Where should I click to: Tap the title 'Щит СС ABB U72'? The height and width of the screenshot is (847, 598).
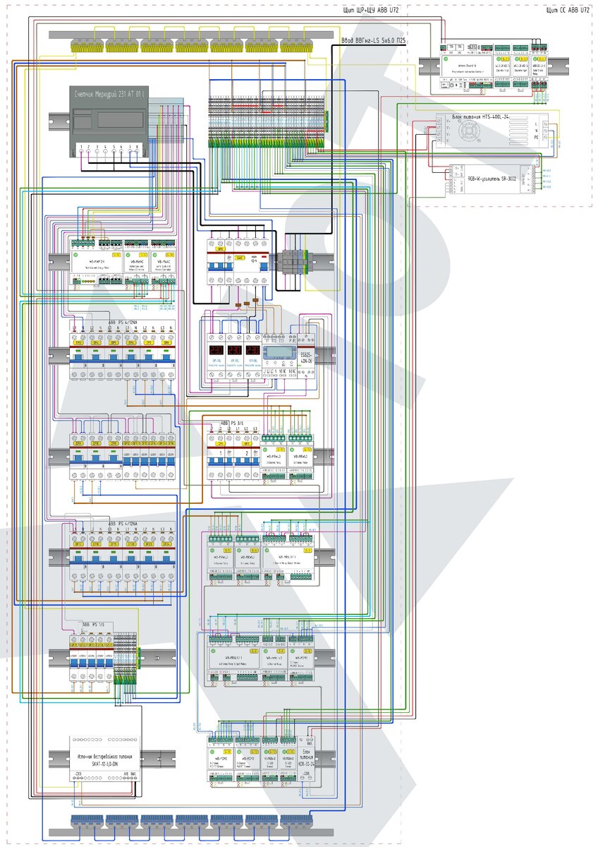pos(568,10)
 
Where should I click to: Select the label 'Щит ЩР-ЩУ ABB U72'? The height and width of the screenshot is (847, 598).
pos(368,10)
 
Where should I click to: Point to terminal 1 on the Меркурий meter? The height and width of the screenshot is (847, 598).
pos(83,148)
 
